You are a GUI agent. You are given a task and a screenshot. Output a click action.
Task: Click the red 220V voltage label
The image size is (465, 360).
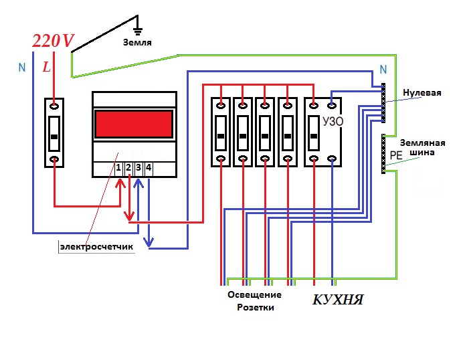point(54,41)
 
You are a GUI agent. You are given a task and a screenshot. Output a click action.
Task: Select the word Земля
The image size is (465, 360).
point(136,42)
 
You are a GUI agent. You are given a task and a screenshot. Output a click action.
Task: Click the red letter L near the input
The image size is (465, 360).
point(46,67)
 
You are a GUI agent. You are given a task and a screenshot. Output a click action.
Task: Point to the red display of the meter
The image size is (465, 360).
point(134,124)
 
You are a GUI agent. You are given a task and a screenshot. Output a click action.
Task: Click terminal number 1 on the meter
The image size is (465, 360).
point(118,167)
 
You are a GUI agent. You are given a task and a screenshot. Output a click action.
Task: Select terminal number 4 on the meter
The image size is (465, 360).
point(148,167)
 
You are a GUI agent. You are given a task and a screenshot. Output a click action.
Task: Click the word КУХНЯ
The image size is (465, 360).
point(338,299)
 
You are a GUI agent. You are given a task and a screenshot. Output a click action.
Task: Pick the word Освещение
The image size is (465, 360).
point(254,294)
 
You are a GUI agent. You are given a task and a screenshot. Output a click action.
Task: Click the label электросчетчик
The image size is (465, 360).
point(97,247)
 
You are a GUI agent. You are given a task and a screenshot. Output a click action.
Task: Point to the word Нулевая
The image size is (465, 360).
point(422,92)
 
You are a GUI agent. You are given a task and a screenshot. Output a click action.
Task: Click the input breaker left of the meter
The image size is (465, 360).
point(55,132)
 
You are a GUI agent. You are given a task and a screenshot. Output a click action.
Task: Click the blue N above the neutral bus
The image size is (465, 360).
point(383,70)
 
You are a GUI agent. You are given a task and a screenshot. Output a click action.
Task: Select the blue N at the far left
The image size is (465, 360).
point(22,68)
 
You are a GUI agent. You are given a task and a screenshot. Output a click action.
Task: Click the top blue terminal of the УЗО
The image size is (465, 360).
point(332,104)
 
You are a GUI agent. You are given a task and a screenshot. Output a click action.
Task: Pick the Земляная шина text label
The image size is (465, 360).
point(422,147)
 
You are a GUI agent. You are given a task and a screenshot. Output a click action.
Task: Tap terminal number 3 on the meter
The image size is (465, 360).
point(138,167)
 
